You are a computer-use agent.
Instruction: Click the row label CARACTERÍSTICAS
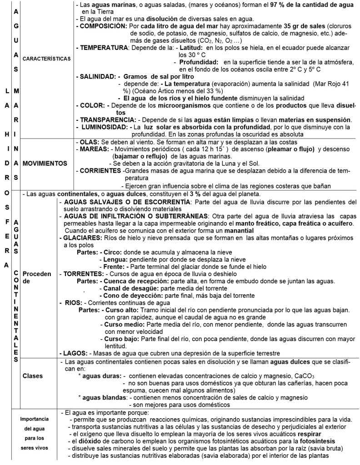[x=47, y=59]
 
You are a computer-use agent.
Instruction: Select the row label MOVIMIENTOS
[x=45, y=163]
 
